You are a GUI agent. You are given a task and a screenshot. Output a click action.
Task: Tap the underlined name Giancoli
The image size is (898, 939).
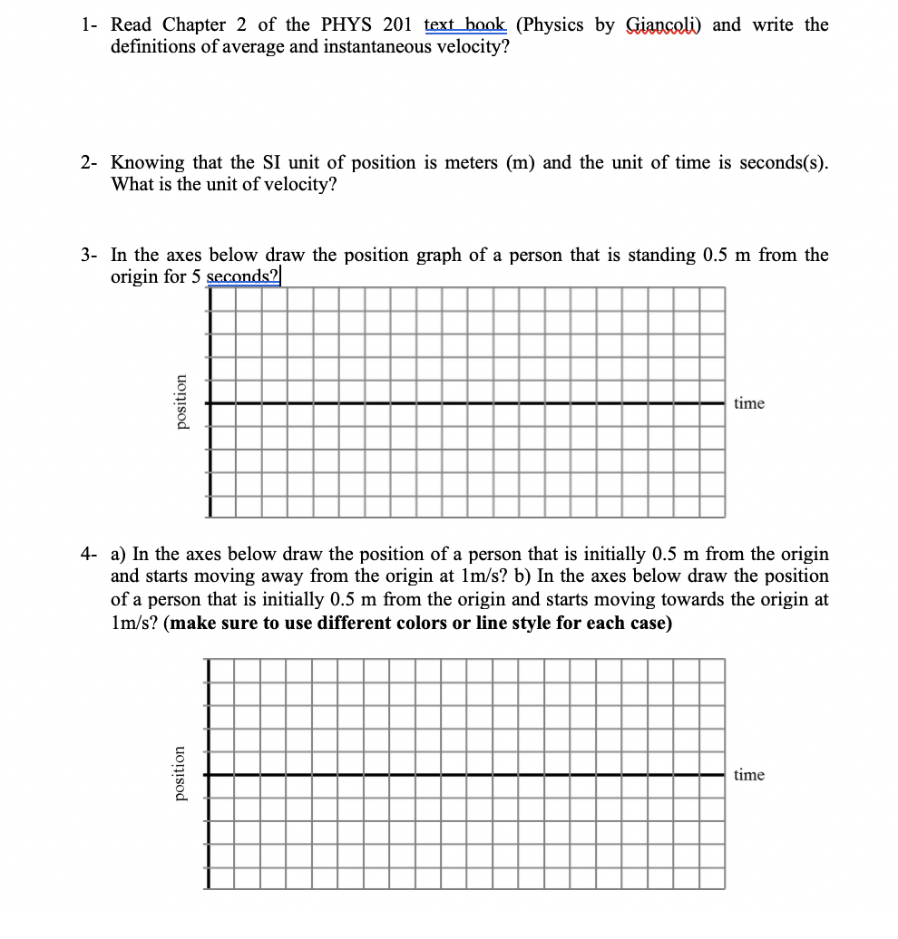coord(663,24)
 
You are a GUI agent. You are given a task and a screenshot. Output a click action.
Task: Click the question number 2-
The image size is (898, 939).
coord(89,162)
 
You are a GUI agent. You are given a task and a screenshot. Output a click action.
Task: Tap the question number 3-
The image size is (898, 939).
coord(89,255)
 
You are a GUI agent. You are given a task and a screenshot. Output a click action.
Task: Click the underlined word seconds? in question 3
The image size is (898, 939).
coord(243,276)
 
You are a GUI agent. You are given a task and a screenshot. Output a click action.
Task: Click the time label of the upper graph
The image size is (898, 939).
coord(748,403)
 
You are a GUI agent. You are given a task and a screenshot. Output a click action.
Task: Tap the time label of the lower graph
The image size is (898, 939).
coord(748,775)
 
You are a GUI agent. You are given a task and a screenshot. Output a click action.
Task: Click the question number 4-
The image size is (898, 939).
coord(89,554)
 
